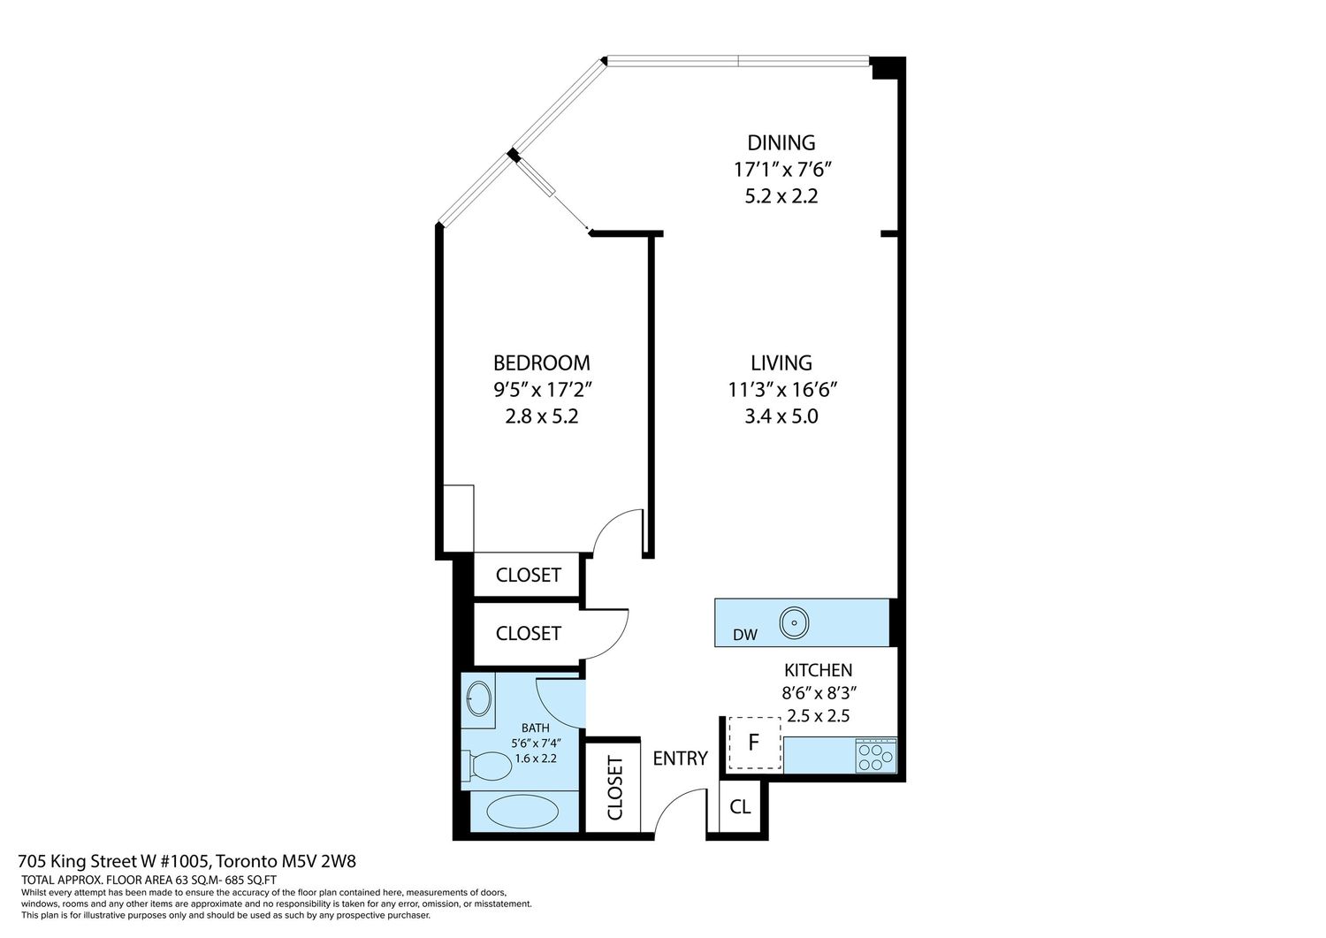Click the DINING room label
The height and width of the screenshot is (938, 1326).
point(781,142)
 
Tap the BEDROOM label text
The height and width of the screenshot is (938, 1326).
point(542,362)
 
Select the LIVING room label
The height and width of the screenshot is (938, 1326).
point(781,362)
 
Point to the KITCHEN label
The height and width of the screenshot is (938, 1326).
point(818,670)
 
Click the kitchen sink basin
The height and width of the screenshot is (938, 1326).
point(794,623)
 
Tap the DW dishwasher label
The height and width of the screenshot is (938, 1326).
point(744,635)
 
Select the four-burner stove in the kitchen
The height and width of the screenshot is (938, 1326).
point(876,756)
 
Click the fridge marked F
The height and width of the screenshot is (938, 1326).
point(754,743)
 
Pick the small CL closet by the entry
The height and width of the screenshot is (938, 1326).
point(740,806)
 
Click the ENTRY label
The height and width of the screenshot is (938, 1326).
point(680,758)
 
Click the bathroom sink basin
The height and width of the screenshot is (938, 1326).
point(479,698)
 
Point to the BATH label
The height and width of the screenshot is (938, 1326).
point(535,728)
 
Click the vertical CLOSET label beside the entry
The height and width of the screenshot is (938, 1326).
point(615,788)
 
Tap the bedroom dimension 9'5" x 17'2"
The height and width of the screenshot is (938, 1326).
point(543,390)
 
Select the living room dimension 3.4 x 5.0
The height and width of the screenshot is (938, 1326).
point(781,416)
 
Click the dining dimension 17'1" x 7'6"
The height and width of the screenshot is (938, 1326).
point(782,170)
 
